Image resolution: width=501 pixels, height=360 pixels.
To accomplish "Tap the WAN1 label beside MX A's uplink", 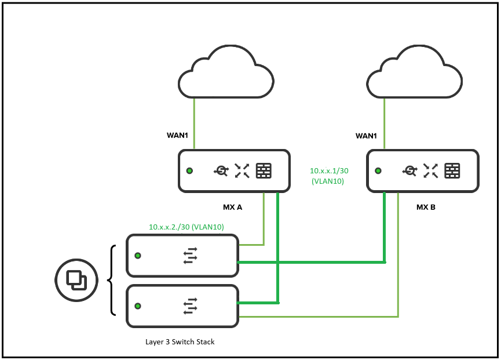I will click(178, 136).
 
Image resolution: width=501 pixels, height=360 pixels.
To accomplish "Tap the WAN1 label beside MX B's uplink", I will click(366, 136).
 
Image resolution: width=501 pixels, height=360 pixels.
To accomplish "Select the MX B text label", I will click(426, 206).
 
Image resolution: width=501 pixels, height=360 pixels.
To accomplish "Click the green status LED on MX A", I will click(189, 171).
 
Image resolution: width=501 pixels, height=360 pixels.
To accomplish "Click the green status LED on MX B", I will click(378, 171).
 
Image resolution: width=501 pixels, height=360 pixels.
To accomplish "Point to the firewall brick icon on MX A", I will click(264, 170).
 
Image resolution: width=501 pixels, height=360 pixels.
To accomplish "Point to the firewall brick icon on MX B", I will click(452, 170).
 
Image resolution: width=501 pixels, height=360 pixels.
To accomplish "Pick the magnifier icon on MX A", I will click(221, 170).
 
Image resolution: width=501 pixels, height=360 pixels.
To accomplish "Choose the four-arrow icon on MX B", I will click(430, 170).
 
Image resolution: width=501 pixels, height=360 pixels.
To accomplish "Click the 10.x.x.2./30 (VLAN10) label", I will click(186, 227).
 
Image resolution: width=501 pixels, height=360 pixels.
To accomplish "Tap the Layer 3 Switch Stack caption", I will click(180, 341).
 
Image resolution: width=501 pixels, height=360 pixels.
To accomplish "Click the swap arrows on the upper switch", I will click(191, 255).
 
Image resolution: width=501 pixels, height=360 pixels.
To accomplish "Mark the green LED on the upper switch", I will click(138, 255).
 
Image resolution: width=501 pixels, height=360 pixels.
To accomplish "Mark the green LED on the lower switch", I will click(138, 306).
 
